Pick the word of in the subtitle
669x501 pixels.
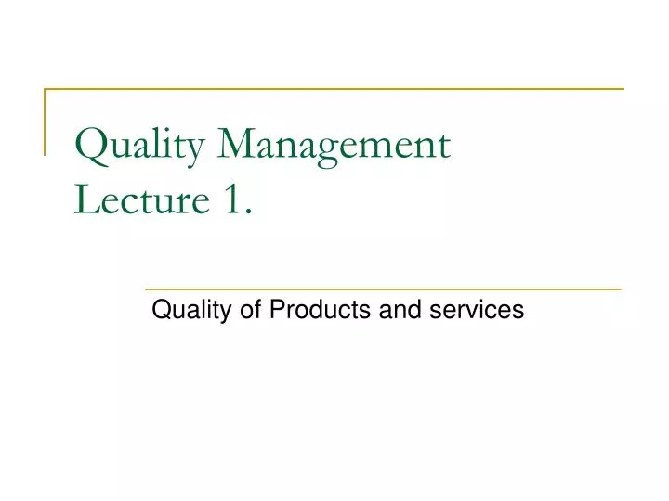pos(252,310)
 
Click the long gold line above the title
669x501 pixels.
pos(334,89)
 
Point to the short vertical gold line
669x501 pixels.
pos(46,121)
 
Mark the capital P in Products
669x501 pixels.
pos(276,310)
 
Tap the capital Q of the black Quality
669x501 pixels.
pos(160,311)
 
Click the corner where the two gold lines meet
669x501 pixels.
pos(46,89)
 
